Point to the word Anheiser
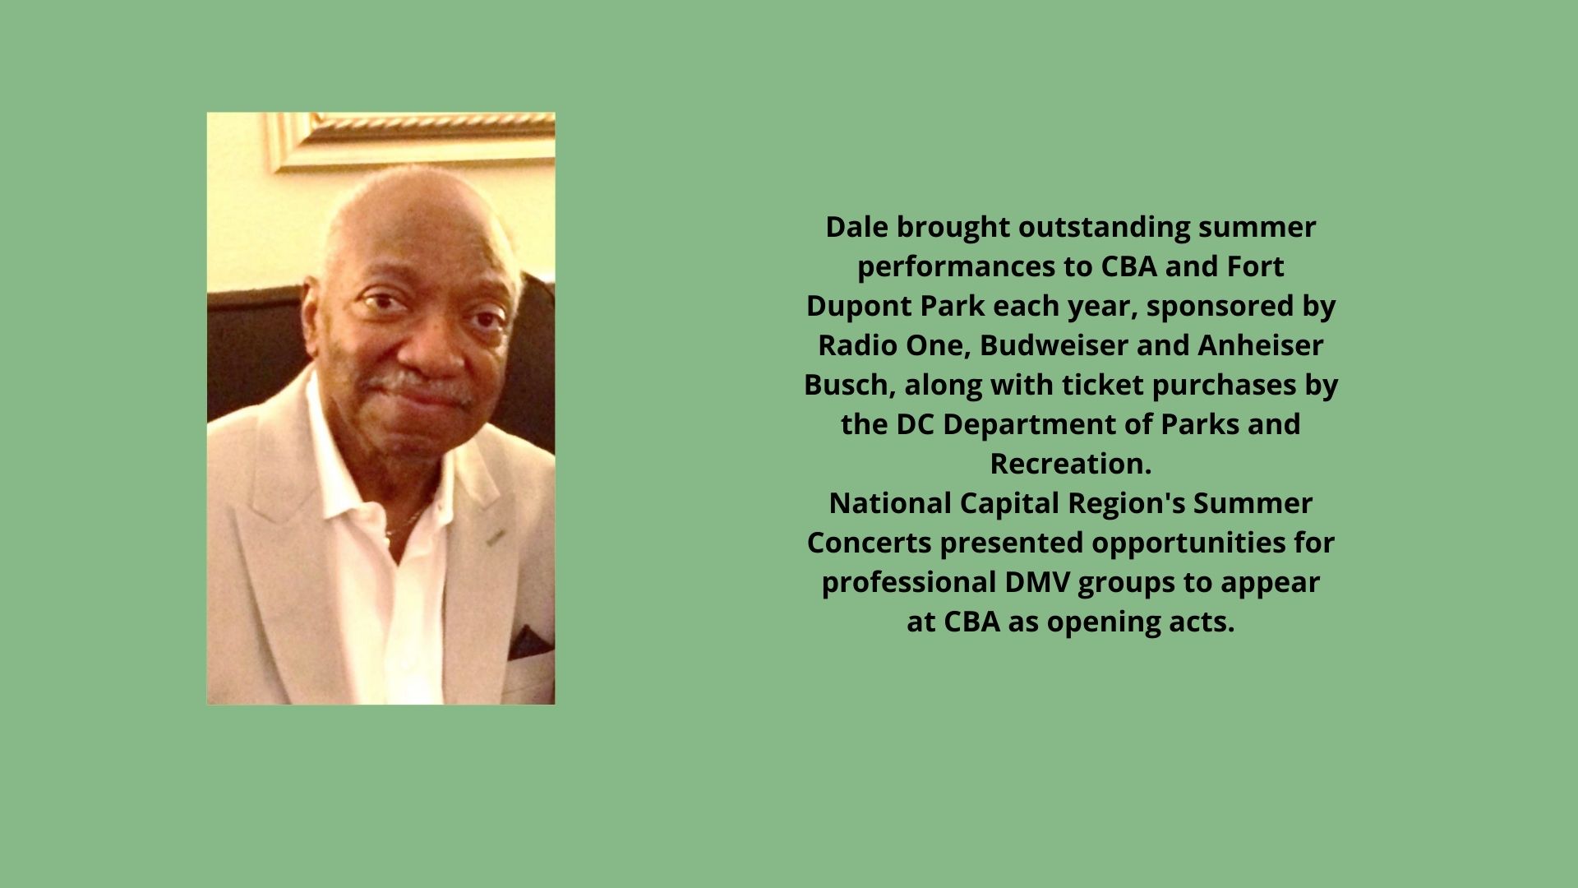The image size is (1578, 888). [x=1260, y=345]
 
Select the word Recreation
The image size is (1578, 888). [x=1069, y=464]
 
